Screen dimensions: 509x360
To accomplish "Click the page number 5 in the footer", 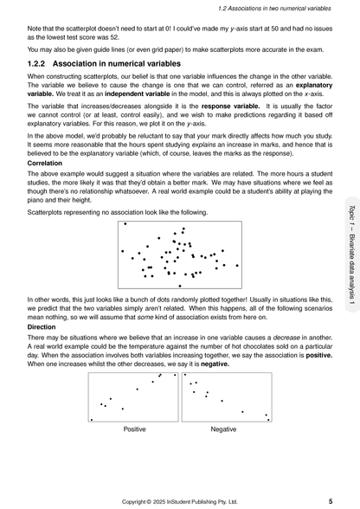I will tap(331, 500).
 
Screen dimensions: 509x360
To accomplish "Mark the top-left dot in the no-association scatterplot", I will tap(126, 224).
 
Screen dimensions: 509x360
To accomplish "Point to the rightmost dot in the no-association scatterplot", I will tap(236, 266).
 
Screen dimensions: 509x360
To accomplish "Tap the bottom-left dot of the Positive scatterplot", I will tap(93, 419).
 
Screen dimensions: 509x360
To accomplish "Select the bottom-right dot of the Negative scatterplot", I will tap(267, 419).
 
